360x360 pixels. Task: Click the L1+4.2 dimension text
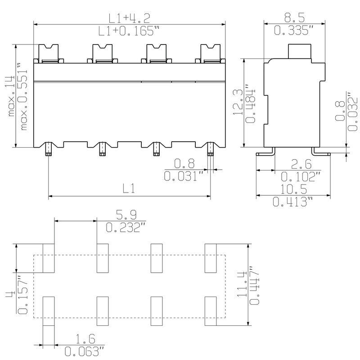pos(129,18)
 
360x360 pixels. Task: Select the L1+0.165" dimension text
pos(129,31)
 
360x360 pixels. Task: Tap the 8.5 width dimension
pos(294,18)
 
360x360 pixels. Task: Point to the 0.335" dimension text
pos(294,31)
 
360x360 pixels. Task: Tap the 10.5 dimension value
pos(294,189)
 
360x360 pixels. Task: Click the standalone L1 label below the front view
pos(129,189)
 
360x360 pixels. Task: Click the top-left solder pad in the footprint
pos(49,258)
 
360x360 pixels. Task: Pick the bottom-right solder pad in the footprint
pos(211,311)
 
